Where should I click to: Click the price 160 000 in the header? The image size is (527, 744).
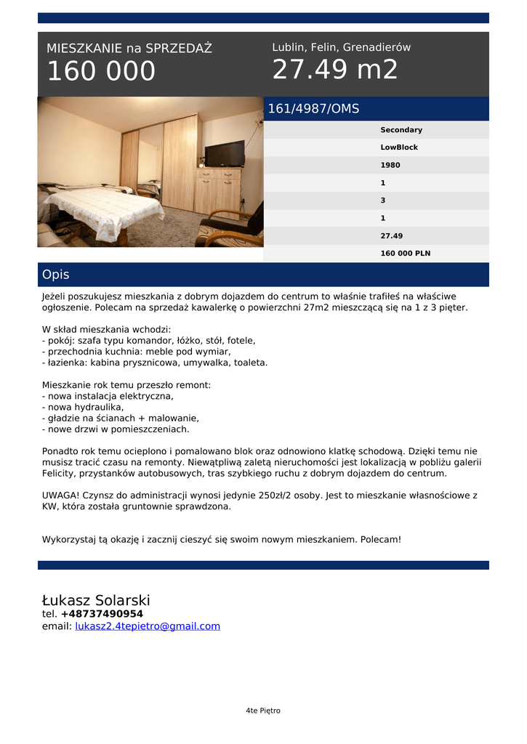click(x=101, y=71)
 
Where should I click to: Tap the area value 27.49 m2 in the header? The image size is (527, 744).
click(x=335, y=70)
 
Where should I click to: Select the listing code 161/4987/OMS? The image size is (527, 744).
click(x=313, y=109)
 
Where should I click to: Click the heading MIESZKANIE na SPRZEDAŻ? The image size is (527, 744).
click(x=129, y=49)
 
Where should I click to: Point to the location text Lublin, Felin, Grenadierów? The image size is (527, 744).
click(x=341, y=47)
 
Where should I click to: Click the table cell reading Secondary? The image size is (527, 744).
click(x=401, y=130)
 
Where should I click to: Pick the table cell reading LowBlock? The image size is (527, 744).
click(x=399, y=147)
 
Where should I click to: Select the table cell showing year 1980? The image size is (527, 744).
click(x=390, y=165)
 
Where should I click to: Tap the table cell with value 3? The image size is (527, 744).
click(x=383, y=201)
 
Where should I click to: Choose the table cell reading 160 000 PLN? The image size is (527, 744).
click(x=406, y=254)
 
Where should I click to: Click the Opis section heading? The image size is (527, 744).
click(x=56, y=275)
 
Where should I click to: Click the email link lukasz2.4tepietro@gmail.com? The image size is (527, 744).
click(x=148, y=626)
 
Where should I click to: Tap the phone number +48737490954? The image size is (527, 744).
click(x=102, y=614)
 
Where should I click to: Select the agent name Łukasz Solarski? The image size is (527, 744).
click(x=96, y=600)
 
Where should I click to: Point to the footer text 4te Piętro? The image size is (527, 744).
click(x=263, y=711)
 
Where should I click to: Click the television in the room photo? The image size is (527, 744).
click(x=225, y=153)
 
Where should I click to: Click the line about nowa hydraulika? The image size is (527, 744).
click(x=83, y=408)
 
